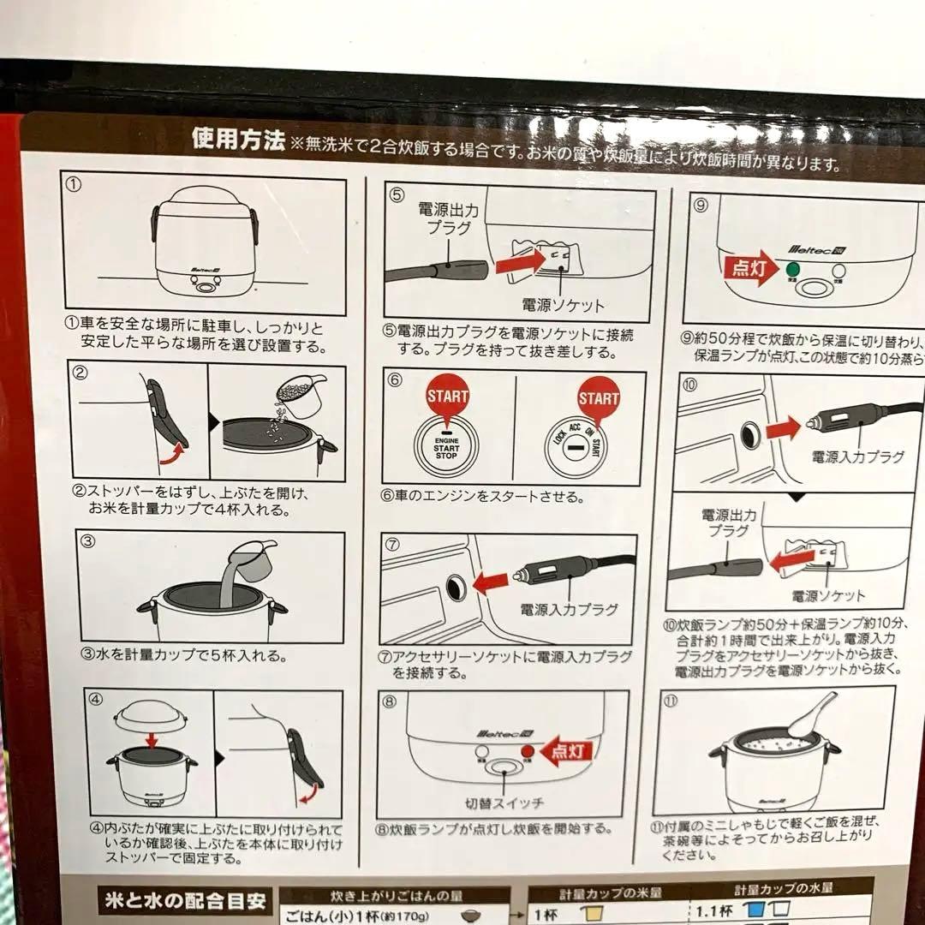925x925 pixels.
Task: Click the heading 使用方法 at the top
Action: coord(237,139)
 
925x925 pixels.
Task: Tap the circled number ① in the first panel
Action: coord(75,182)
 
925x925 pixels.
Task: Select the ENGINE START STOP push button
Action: coord(445,445)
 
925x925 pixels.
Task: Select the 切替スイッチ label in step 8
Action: coord(504,803)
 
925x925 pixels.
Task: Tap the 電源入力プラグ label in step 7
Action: coord(568,610)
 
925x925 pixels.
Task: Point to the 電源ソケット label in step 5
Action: coord(563,305)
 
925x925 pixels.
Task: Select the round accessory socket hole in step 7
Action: coord(454,586)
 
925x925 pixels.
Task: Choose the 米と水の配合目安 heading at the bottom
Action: coord(182,901)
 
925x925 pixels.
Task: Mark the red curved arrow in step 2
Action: coord(175,451)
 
